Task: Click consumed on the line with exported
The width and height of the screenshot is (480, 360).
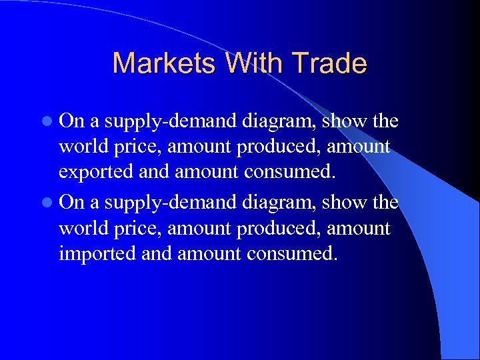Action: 291,172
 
